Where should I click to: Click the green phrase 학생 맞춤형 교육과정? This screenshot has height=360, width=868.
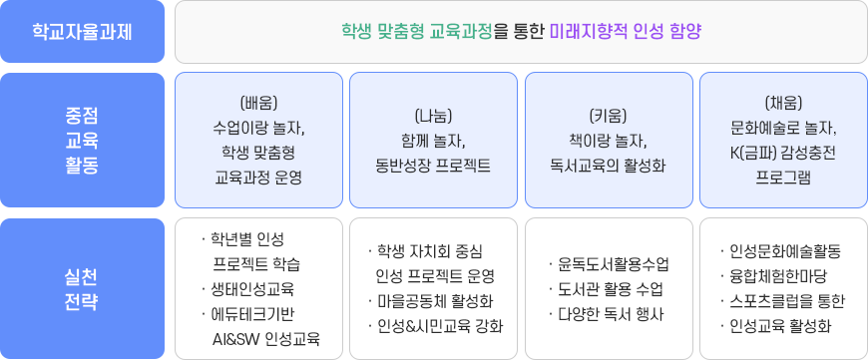[416, 31]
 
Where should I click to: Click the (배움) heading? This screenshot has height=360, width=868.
[258, 102]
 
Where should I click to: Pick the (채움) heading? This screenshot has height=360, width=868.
[783, 102]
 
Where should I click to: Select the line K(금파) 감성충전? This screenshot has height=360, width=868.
[783, 153]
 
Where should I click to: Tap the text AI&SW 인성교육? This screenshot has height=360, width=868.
[266, 339]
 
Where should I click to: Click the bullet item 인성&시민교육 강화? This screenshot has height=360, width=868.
[439, 326]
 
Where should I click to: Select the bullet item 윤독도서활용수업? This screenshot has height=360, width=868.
[614, 264]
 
